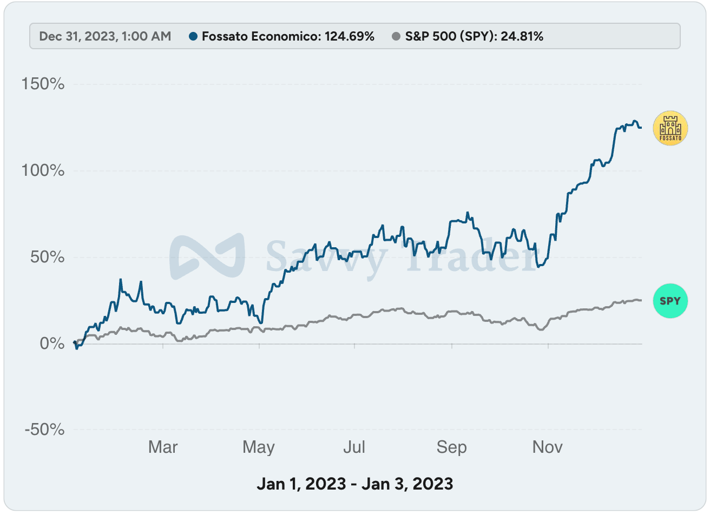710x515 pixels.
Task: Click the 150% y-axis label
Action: pos(43,84)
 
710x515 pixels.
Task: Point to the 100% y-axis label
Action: pos(43,171)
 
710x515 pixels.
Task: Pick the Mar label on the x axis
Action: pos(163,447)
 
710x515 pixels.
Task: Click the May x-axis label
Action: pos(259,447)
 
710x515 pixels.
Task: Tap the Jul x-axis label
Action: pos(354,447)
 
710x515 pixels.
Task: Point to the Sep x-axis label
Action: pos(451,447)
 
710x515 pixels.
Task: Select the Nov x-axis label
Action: pos(548,447)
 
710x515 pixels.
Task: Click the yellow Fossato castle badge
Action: pos(670,129)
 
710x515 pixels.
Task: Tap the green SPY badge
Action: pos(670,301)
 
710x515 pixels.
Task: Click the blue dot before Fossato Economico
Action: pos(193,37)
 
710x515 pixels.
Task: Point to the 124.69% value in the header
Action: pos(349,37)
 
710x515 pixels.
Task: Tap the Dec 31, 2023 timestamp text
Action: pos(105,37)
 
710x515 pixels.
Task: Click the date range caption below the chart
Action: pos(355,483)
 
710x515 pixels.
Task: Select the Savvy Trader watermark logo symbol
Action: pos(207,257)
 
